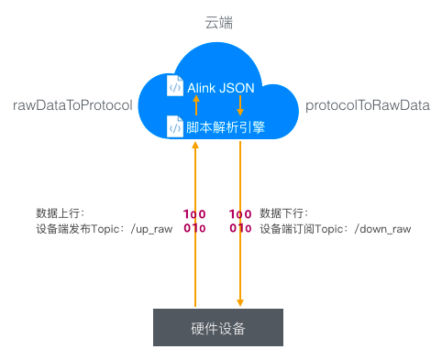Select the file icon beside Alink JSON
[x=175, y=86]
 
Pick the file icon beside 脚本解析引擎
[x=175, y=126]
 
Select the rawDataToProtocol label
[x=73, y=106]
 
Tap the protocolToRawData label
[x=367, y=106]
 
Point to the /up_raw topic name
[x=147, y=228]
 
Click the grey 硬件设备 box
[x=218, y=327]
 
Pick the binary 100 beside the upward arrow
[x=194, y=213]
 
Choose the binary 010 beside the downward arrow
[x=240, y=228]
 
